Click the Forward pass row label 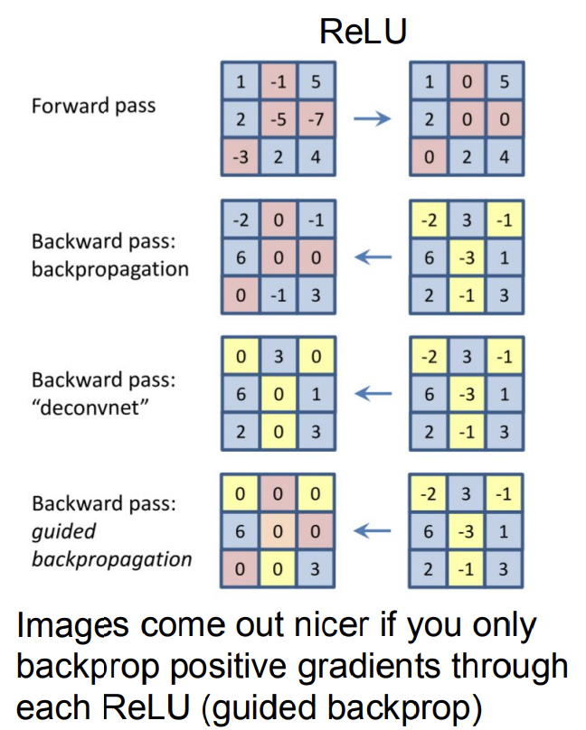[x=93, y=106]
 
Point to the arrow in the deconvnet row [x=372, y=394]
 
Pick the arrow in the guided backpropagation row [x=372, y=531]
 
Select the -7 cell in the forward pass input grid [x=315, y=119]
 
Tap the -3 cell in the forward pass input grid [x=241, y=157]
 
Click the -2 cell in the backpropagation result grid [x=241, y=220]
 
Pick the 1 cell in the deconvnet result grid [x=315, y=394]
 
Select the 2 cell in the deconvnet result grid [x=241, y=432]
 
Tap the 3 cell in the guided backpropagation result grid [x=315, y=569]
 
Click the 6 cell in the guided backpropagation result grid [x=241, y=531]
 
